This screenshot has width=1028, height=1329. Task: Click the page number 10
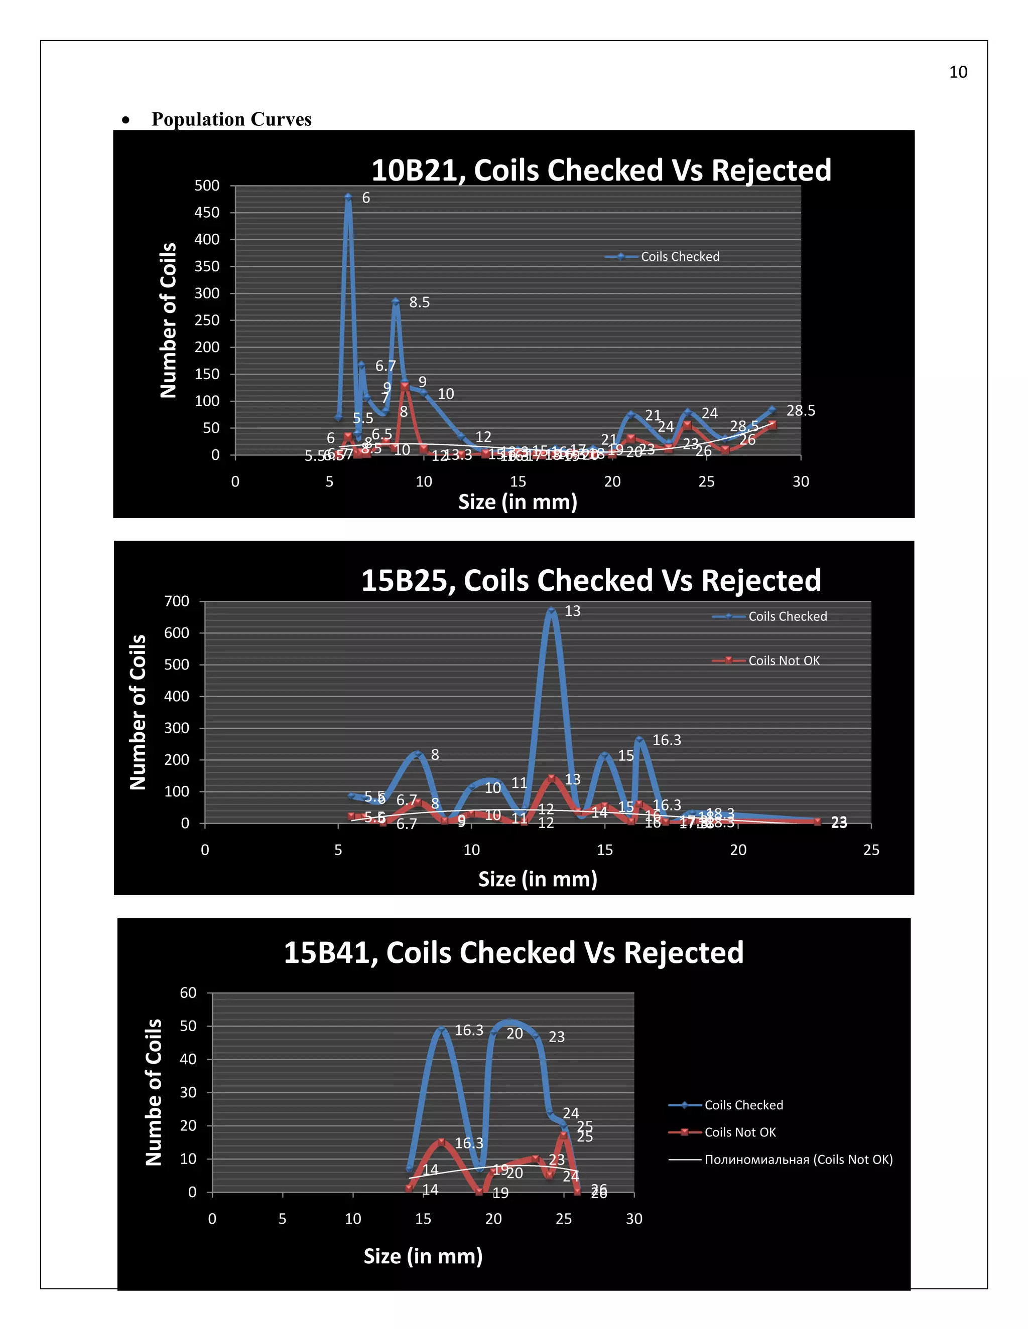pyautogui.click(x=957, y=72)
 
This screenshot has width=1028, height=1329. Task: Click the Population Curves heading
pyautogui.click(x=231, y=119)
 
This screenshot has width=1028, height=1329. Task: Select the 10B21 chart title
pyautogui.click(x=600, y=170)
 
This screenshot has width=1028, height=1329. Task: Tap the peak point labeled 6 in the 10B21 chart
pyautogui.click(x=348, y=197)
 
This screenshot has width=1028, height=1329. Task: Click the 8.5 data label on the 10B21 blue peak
pyautogui.click(x=419, y=302)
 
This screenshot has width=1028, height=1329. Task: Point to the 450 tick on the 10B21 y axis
pyautogui.click(x=207, y=212)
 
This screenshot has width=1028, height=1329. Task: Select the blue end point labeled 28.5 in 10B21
pyautogui.click(x=772, y=410)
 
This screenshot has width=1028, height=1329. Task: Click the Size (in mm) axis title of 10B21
pyautogui.click(x=517, y=502)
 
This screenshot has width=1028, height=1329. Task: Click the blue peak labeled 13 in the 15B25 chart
pyautogui.click(x=551, y=610)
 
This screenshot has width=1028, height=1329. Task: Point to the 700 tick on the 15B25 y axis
pyautogui.click(x=177, y=601)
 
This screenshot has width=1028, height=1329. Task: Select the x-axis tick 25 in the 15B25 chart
pyautogui.click(x=871, y=850)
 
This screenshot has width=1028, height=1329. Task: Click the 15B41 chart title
pyautogui.click(x=513, y=952)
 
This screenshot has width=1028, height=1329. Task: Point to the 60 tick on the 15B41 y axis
pyautogui.click(x=188, y=993)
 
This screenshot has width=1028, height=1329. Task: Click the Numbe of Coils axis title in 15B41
pyautogui.click(x=154, y=1092)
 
